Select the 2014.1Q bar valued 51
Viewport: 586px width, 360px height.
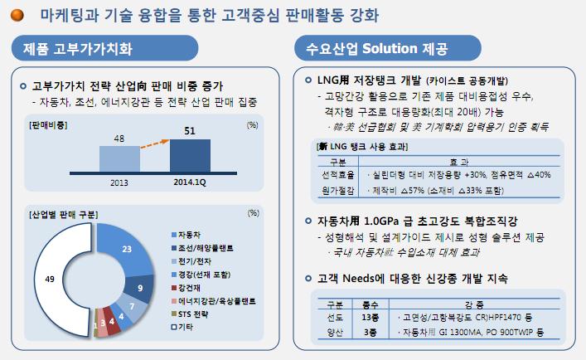pos(190,154)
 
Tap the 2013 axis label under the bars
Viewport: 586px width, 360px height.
pos(119,181)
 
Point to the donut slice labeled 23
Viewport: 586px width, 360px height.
pos(126,249)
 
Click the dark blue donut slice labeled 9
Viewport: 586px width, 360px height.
pos(139,288)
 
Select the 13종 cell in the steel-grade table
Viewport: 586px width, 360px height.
pos(371,318)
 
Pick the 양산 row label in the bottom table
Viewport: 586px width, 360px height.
pos(336,332)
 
